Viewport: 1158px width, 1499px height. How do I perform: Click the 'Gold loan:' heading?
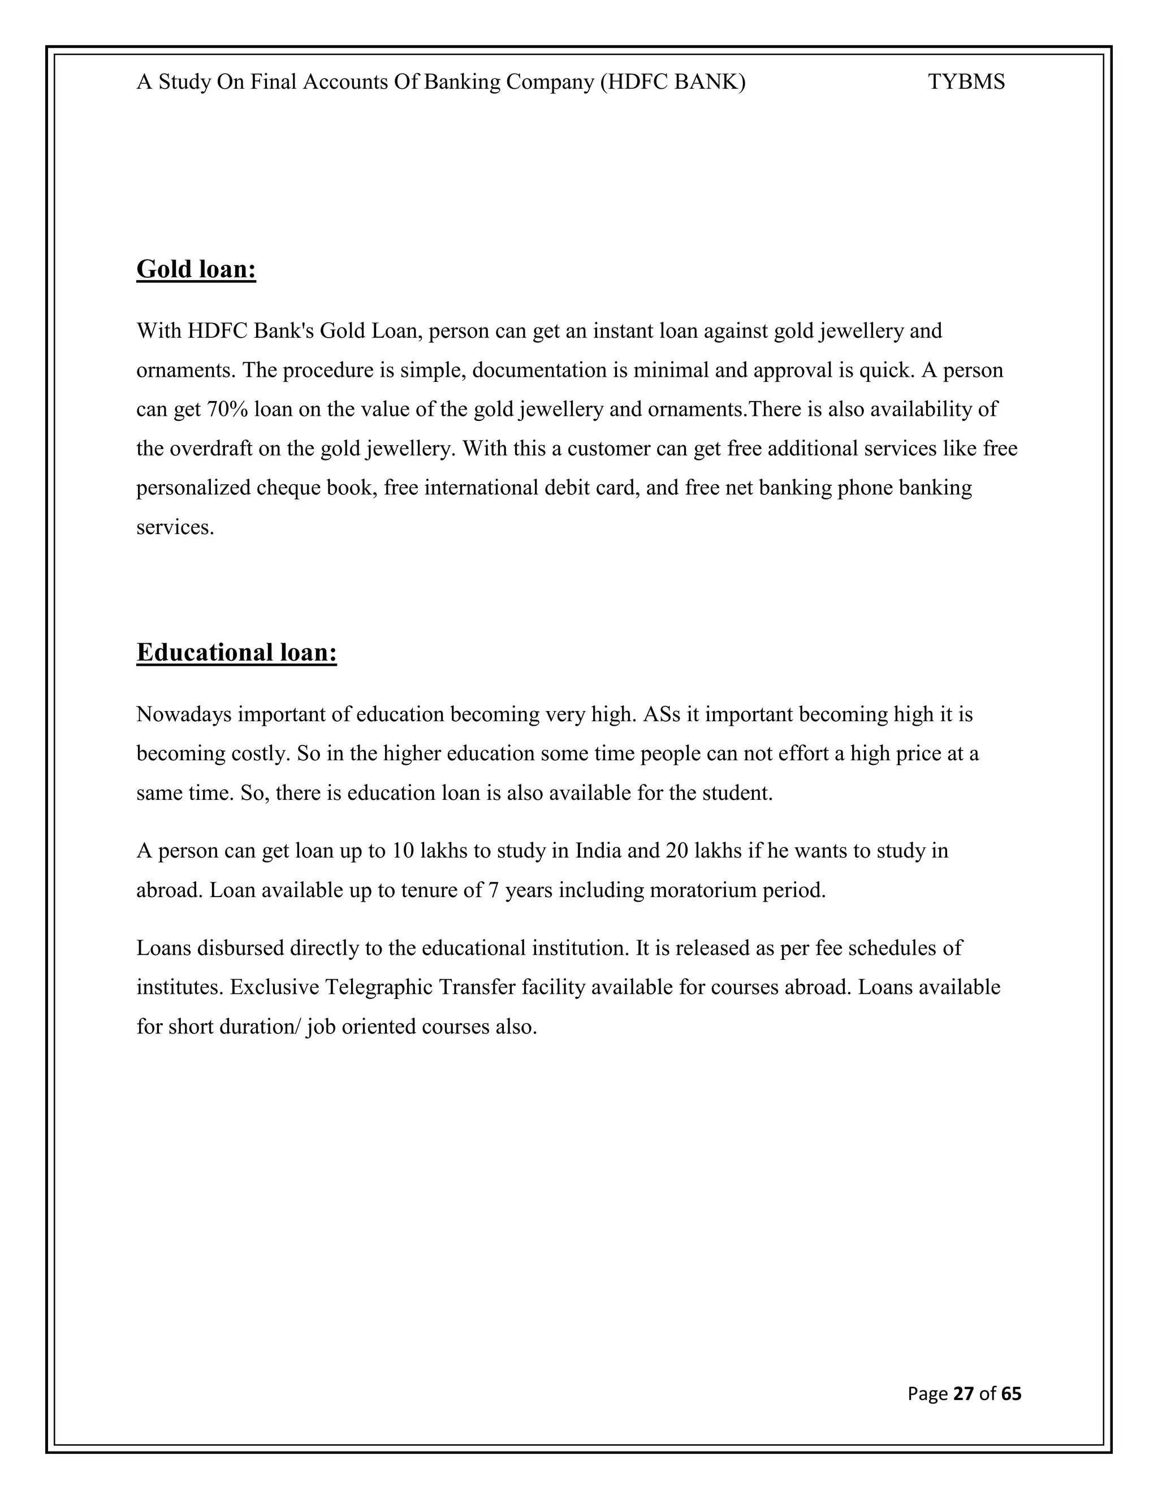(x=196, y=269)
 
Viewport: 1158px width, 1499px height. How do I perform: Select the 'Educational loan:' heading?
(x=237, y=652)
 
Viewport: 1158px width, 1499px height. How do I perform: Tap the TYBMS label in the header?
(x=966, y=83)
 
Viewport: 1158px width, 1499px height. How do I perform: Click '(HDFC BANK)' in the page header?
(x=672, y=83)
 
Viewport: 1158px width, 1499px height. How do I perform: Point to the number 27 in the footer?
(x=964, y=1393)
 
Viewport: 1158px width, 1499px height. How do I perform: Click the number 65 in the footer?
(x=1011, y=1393)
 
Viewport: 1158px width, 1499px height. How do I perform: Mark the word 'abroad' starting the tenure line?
(x=170, y=891)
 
